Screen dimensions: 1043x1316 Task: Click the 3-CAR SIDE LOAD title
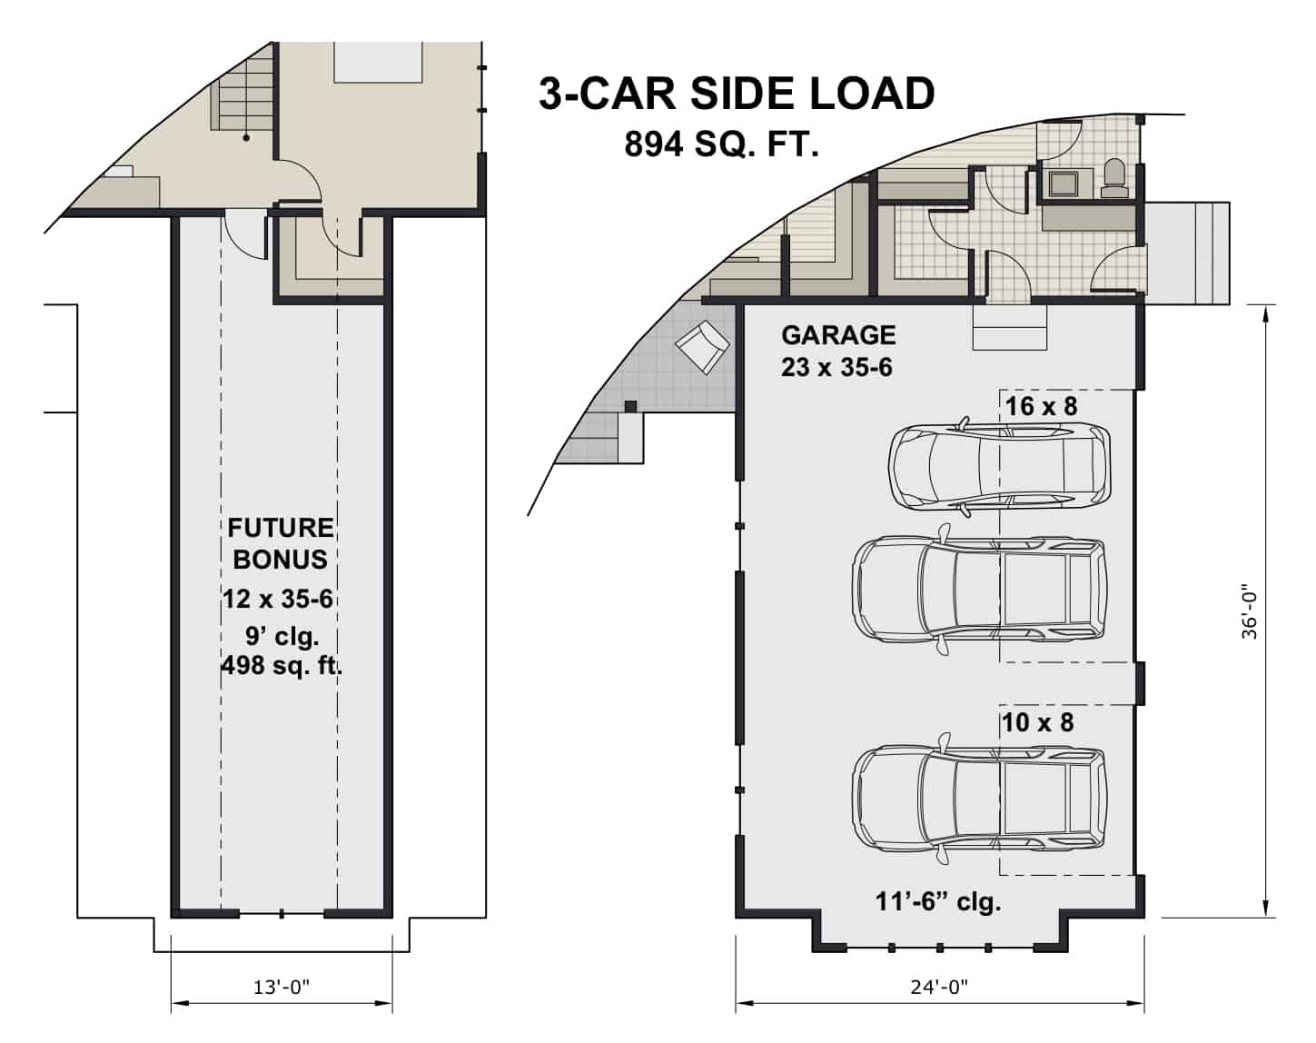pos(737,94)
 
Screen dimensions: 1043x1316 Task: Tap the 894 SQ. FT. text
pos(721,144)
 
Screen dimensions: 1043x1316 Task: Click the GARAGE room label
pos(837,335)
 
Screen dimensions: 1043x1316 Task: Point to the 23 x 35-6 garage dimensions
pos(836,367)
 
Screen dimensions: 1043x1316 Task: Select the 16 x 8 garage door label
pos(1041,406)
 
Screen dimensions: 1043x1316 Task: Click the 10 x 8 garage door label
pos(1037,722)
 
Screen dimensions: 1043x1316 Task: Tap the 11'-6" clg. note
pos(937,902)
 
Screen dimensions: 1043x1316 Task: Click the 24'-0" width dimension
pos(939,988)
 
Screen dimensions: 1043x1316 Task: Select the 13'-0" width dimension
pos(282,988)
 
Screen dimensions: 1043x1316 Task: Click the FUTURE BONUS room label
pos(281,543)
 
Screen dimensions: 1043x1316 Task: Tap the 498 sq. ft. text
pos(282,666)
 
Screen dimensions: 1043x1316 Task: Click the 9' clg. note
pos(282,635)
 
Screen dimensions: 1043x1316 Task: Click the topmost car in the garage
pos(1000,466)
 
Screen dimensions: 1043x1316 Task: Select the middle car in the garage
pos(978,586)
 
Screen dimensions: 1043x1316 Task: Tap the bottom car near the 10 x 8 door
pos(978,796)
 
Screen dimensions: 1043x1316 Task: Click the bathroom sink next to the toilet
pos(1059,184)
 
